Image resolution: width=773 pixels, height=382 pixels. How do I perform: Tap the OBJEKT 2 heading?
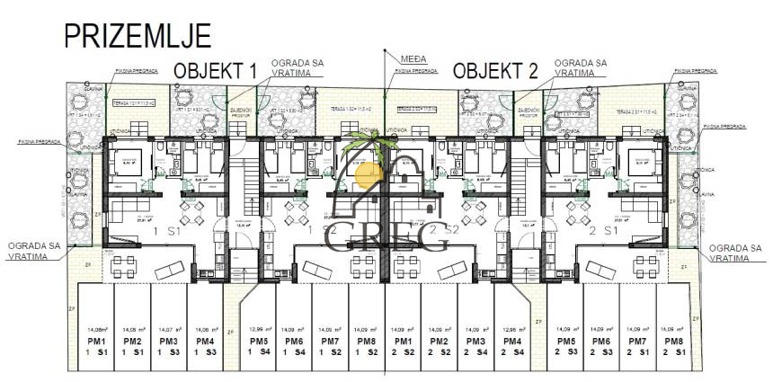pyautogui.click(x=495, y=70)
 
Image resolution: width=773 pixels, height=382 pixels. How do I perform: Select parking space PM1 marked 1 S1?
pyautogui.click(x=97, y=345)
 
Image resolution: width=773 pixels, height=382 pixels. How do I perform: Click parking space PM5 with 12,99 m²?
pyautogui.click(x=260, y=345)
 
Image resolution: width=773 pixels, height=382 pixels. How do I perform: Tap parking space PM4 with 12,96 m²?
pyautogui.click(x=513, y=345)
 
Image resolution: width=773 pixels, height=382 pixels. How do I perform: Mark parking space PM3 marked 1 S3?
pyautogui.click(x=168, y=345)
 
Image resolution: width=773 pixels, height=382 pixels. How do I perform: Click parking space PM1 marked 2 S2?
pyautogui.click(x=403, y=345)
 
